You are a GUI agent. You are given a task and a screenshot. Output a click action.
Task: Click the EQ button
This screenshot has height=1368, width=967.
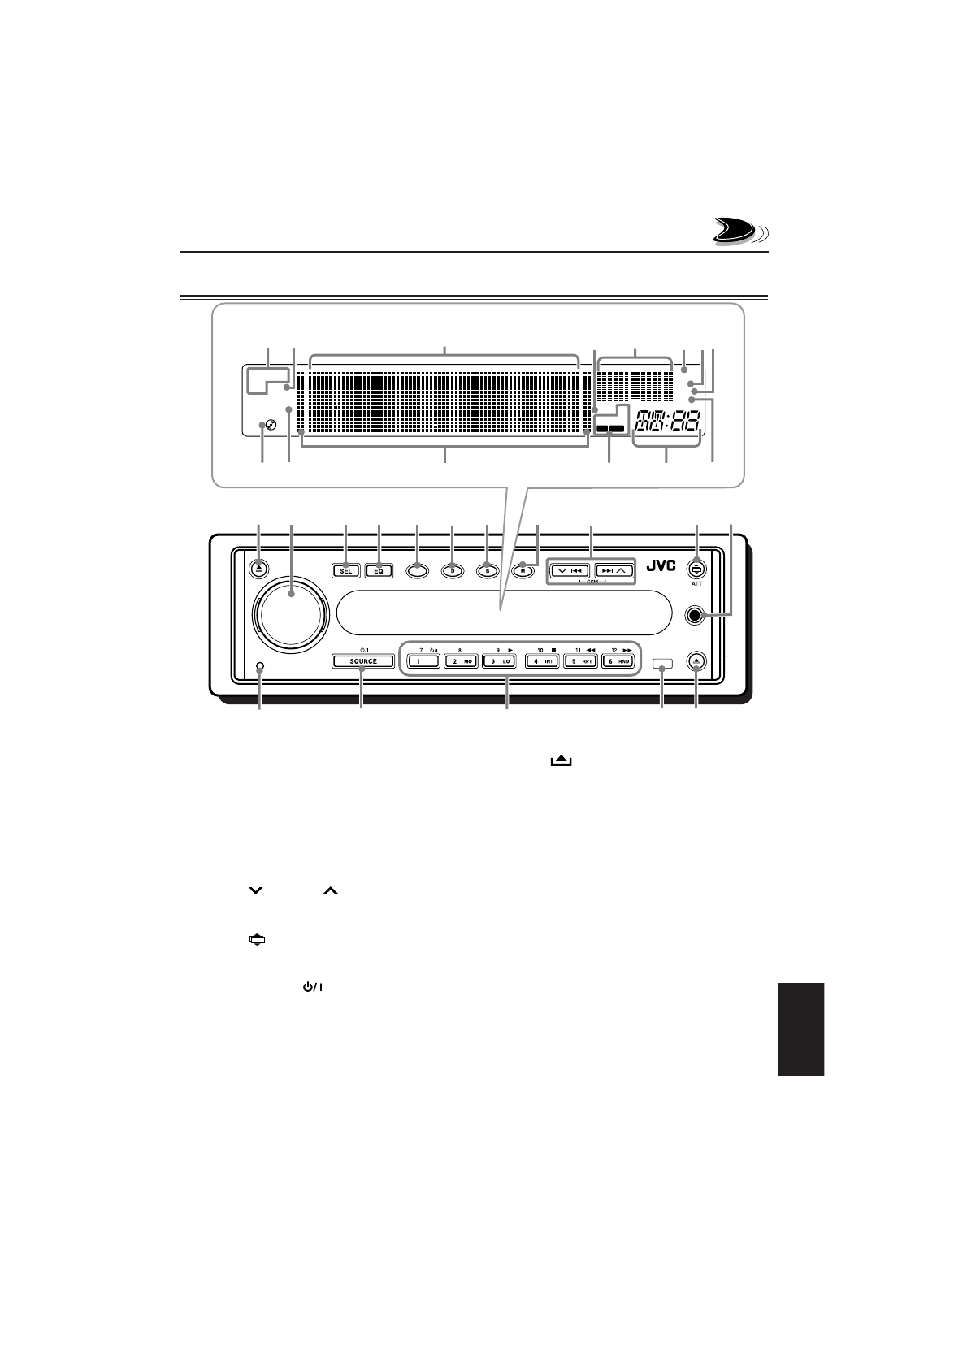(379, 570)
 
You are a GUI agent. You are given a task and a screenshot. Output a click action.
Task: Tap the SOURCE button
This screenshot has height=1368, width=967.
(362, 661)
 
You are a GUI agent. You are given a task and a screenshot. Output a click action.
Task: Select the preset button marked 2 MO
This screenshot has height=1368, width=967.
(462, 661)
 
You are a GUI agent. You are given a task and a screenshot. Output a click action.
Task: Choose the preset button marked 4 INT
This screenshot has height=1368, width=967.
(541, 661)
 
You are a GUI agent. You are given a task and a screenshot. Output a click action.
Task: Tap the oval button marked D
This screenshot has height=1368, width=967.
(452, 570)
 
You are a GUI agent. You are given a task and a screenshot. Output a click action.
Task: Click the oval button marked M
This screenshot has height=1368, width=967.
(523, 570)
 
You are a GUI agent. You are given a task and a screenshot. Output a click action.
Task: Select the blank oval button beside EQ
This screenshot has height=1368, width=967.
(416, 570)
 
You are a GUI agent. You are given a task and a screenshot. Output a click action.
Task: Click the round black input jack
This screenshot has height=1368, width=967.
(693, 615)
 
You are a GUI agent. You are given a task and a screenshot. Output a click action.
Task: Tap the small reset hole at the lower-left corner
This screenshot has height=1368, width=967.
(259, 667)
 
